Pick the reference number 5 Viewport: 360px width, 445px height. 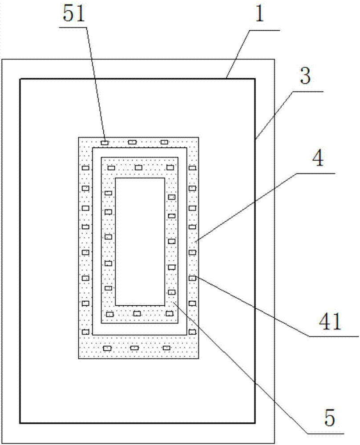pyautogui.click(x=328, y=419)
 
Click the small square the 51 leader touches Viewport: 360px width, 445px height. pyautogui.click(x=105, y=142)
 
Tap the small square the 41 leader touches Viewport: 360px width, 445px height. pyautogui.click(x=192, y=279)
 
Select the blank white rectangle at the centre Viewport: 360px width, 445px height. pyautogui.click(x=140, y=241)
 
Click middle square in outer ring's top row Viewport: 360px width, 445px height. pyautogui.click(x=132, y=142)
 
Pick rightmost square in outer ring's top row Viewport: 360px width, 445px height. pyautogui.click(x=164, y=142)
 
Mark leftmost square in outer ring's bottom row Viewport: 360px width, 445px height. pyautogui.click(x=107, y=348)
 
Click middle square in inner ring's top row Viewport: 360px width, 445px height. pyautogui.click(x=138, y=167)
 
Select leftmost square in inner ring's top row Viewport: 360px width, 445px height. pyautogui.click(x=111, y=168)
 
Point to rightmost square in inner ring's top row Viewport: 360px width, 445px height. pyautogui.click(x=169, y=167)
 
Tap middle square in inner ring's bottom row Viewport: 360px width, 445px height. pyautogui.click(x=137, y=314)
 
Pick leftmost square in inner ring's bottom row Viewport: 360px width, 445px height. pyautogui.click(x=110, y=314)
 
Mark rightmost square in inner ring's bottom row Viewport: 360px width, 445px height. pyautogui.click(x=169, y=314)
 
